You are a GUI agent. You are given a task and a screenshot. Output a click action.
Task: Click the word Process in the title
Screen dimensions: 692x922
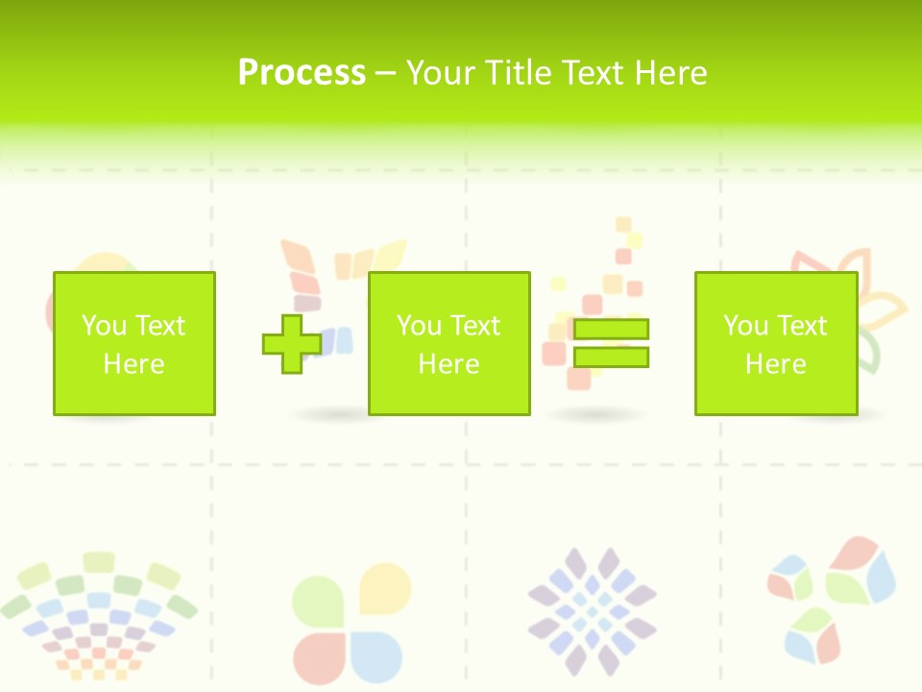[x=302, y=73]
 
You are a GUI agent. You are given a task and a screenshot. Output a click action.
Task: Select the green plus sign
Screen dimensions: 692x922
[x=292, y=343]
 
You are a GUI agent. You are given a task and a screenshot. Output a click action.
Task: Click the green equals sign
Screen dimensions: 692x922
[x=611, y=343]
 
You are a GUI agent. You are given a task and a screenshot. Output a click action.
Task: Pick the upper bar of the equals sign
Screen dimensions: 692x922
[x=611, y=329]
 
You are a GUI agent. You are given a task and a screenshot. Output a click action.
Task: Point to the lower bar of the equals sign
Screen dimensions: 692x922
[x=611, y=358]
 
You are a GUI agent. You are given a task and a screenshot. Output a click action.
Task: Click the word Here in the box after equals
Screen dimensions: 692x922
[x=775, y=364]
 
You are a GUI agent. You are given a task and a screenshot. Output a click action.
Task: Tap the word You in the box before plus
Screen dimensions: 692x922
[x=104, y=326]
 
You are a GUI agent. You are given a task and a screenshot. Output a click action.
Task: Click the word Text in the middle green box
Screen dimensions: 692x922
[x=474, y=326]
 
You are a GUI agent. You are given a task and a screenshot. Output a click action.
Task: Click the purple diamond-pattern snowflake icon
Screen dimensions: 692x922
[x=592, y=611]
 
